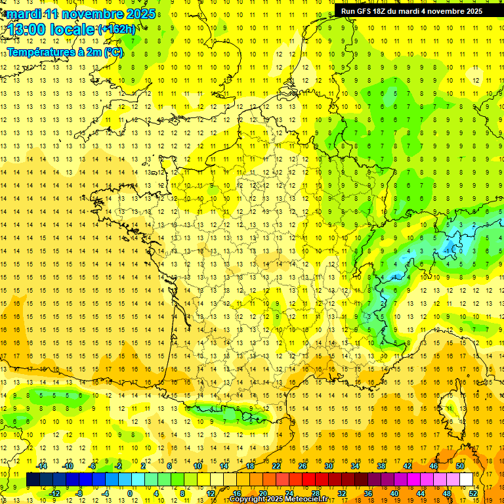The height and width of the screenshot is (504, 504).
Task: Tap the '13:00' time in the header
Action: pos(26,30)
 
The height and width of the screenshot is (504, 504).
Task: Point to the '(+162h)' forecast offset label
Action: pos(117,30)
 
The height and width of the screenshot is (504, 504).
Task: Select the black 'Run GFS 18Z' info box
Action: pos(411,10)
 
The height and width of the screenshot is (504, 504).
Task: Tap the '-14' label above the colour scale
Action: pos(42,465)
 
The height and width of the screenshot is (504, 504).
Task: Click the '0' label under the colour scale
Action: pos(130,493)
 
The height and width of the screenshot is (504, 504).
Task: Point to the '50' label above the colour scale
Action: pos(459,465)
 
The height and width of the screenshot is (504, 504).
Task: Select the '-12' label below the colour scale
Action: pos(55,493)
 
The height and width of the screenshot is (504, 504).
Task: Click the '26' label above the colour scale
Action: pos(303,465)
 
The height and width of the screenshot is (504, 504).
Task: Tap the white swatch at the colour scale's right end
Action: pos(467,479)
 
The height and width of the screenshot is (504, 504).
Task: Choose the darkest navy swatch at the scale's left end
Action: pos(33,479)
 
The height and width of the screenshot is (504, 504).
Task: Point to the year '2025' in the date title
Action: pos(140,14)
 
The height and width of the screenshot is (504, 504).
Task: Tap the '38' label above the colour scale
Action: pos(381,465)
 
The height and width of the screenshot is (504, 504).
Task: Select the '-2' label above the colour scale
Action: pos(118,465)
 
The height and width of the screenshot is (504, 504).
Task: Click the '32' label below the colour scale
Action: pos(342,493)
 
